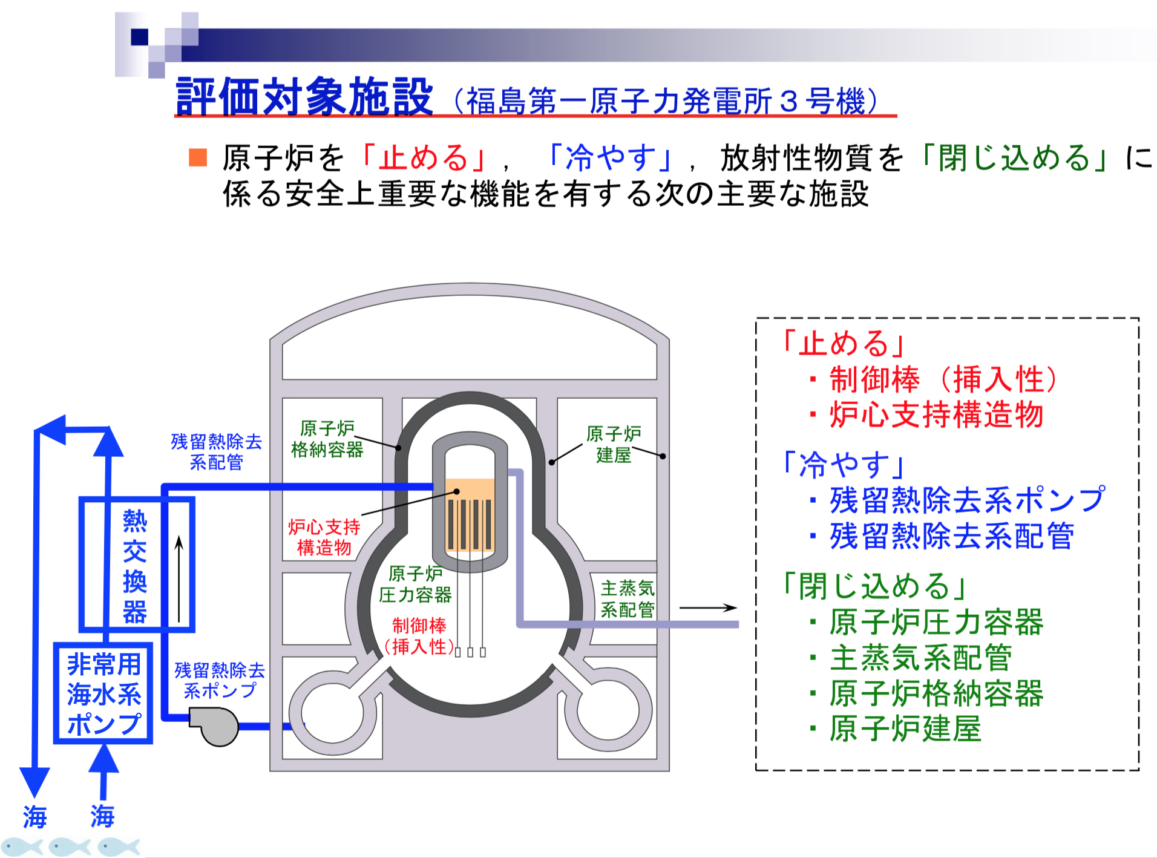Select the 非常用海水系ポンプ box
[x=103, y=693]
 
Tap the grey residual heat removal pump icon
[x=215, y=726]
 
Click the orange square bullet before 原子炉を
[x=198, y=157]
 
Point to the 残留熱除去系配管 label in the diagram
[x=217, y=451]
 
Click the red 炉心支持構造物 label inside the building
[x=324, y=537]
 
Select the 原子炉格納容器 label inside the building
[x=327, y=439]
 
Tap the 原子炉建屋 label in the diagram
[x=614, y=444]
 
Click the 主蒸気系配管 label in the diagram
[x=628, y=598]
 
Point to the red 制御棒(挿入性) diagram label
[x=419, y=636]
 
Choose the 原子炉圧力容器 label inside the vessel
[x=415, y=585]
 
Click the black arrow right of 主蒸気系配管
[x=708, y=607]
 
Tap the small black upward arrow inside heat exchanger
[x=179, y=578]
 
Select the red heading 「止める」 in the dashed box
[x=844, y=343]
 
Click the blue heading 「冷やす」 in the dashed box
[x=844, y=465]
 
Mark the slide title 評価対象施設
[x=304, y=97]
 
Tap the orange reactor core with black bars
[x=470, y=516]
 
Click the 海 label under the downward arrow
[x=34, y=817]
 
